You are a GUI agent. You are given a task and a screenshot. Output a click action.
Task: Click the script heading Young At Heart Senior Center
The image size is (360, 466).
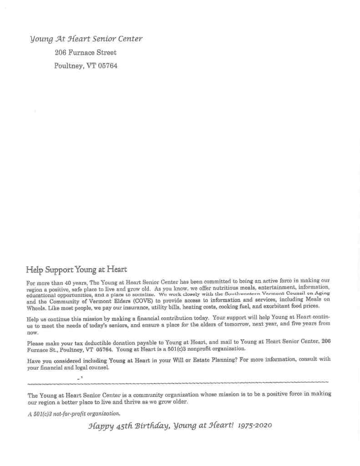click(86, 39)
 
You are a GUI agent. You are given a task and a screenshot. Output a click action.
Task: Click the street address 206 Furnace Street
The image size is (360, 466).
click(85, 53)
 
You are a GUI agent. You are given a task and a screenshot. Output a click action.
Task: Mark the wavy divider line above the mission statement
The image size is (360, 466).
click(177, 380)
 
